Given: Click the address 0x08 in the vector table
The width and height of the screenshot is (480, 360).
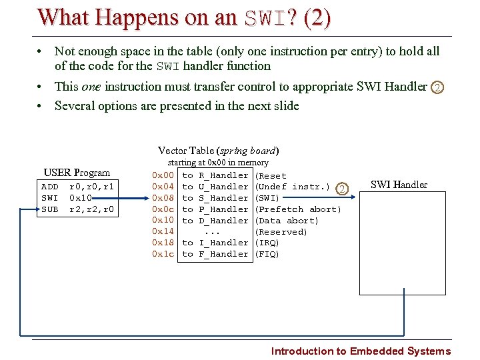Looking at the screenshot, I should [x=163, y=198].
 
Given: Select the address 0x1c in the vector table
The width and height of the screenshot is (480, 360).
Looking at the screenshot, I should [x=163, y=254].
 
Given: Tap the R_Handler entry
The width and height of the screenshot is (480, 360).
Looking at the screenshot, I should [x=223, y=175].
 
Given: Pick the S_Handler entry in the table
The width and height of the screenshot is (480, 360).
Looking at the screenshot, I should [x=223, y=198].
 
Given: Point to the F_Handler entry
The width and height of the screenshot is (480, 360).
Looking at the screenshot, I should [x=223, y=254].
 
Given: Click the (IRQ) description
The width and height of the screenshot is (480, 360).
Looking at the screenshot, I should [x=268, y=243].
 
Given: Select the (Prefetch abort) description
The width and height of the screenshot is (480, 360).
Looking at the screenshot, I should [x=299, y=209].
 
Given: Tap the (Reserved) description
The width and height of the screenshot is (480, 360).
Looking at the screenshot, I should [x=282, y=232].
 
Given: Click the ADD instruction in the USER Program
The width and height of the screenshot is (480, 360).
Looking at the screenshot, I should [x=50, y=187].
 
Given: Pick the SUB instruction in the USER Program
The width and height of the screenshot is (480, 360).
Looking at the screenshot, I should [x=50, y=209].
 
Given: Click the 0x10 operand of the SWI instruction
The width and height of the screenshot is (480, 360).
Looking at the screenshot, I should [x=81, y=198].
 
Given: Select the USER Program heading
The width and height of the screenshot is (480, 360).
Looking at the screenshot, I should [x=77, y=173].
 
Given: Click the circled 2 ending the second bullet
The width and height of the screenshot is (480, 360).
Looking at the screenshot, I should [x=437, y=87].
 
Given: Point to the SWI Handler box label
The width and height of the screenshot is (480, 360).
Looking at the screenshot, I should [x=399, y=185].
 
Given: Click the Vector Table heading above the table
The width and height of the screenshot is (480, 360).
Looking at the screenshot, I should [x=218, y=151].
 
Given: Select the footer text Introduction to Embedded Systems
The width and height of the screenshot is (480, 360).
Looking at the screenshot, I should [x=361, y=351].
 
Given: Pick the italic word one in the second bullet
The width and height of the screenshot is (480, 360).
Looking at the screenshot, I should [x=91, y=87].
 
